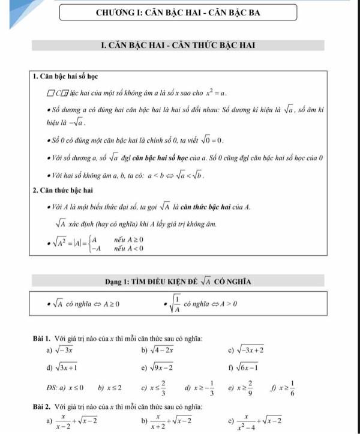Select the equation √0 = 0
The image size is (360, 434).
point(210,140)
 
